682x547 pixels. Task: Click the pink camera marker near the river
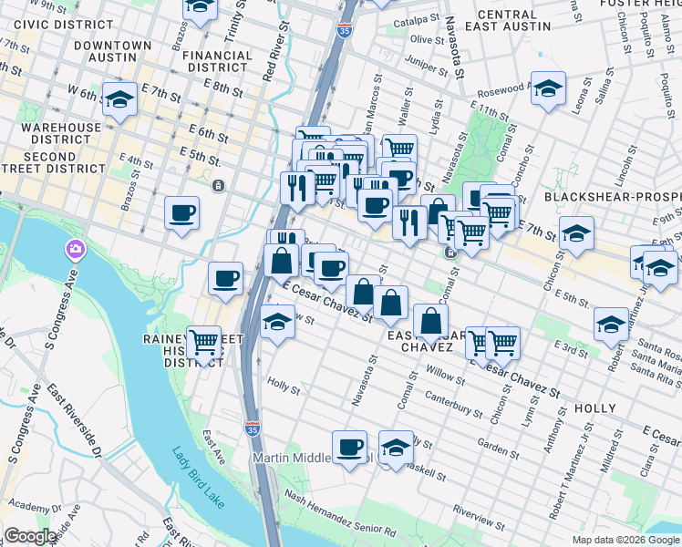75,249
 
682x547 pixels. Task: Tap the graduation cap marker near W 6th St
119,100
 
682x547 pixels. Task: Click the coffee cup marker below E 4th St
182,213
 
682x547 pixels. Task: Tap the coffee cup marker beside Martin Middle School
350,448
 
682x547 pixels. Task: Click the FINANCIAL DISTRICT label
217,61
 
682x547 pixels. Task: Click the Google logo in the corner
30,536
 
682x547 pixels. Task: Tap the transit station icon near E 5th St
218,186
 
